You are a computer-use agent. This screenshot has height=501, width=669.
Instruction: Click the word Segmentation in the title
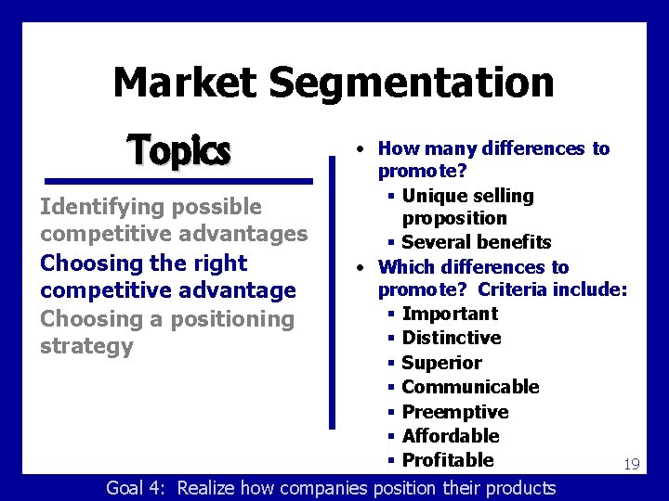[412, 83]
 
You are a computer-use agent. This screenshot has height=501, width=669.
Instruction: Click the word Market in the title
[185, 82]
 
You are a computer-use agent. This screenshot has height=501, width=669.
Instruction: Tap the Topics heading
[178, 149]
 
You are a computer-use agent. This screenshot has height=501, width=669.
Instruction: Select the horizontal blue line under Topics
[177, 181]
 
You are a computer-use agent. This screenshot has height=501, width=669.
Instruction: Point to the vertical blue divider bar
[333, 292]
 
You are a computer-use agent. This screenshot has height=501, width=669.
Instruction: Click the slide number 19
[631, 464]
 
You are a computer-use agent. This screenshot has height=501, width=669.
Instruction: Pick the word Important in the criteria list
[450, 314]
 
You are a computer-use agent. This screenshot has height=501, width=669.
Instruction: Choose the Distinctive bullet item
[452, 338]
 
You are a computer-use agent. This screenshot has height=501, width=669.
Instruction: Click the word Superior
[442, 363]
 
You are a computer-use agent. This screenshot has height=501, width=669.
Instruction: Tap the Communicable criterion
[470, 387]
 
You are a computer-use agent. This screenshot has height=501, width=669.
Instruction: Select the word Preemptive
[455, 412]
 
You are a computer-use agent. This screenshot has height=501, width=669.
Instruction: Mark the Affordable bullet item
[451, 436]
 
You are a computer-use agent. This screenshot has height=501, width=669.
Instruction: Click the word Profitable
[448, 460]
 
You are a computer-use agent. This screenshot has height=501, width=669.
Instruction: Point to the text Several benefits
[477, 242]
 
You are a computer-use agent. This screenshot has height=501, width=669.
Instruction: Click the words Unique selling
[468, 196]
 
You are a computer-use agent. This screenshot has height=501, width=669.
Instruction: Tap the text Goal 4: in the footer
[138, 488]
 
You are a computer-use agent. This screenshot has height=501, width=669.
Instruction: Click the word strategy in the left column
[86, 347]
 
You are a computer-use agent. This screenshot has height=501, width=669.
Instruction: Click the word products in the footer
[512, 488]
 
